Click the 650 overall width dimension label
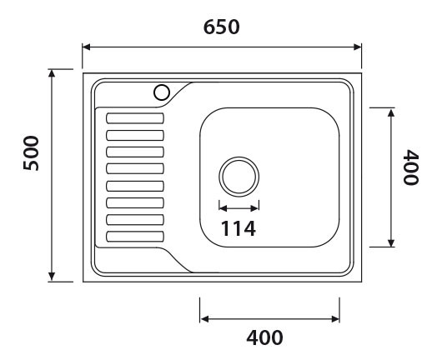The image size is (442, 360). coord(222,27)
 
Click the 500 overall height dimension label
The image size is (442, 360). coord(30,152)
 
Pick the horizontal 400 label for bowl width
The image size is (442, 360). coord(264,338)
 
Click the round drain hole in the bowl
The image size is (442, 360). coord(239,177)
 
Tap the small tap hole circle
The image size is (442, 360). coord(162,92)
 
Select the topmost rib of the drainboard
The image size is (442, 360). coord(134,118)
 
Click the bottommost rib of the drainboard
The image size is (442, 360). coord(134,237)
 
